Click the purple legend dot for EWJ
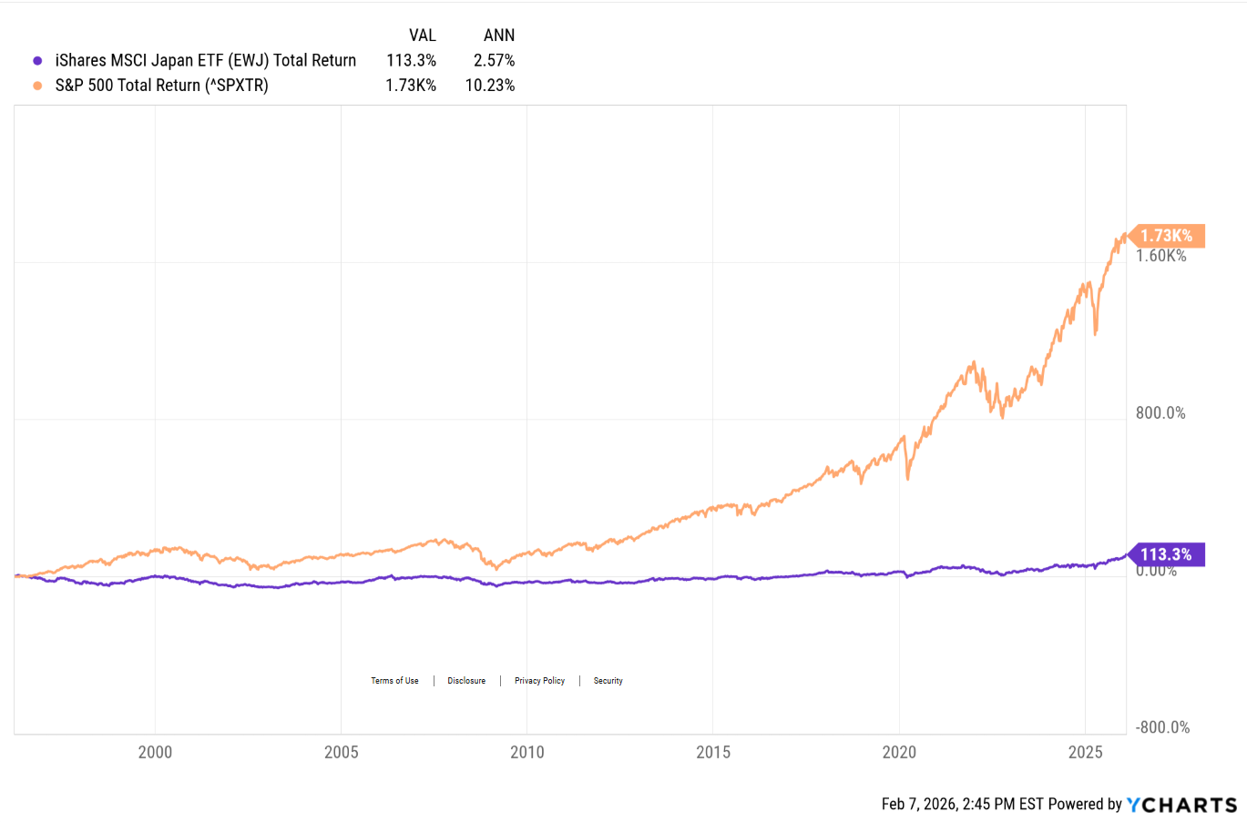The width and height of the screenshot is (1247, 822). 37,61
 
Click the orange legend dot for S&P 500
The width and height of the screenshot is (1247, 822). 37,86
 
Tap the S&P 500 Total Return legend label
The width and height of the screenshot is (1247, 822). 161,86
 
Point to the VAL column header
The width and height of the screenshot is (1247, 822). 422,36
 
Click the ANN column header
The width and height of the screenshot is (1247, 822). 498,36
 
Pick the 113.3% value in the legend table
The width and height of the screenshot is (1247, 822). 411,61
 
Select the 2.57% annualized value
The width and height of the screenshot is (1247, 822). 494,61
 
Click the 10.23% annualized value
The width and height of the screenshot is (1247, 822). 490,86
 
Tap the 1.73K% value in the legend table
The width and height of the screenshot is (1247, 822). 411,86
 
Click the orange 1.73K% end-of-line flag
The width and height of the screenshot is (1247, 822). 1167,236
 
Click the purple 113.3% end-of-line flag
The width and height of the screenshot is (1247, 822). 1167,554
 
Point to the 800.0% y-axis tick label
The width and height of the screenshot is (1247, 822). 1160,413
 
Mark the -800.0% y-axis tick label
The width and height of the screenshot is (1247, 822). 1162,727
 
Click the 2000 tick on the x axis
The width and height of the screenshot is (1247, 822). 155,752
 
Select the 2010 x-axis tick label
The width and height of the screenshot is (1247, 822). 526,752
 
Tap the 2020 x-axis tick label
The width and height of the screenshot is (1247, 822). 899,752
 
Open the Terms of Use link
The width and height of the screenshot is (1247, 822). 394,681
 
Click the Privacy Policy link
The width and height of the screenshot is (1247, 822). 539,681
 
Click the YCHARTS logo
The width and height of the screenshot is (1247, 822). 1182,805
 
